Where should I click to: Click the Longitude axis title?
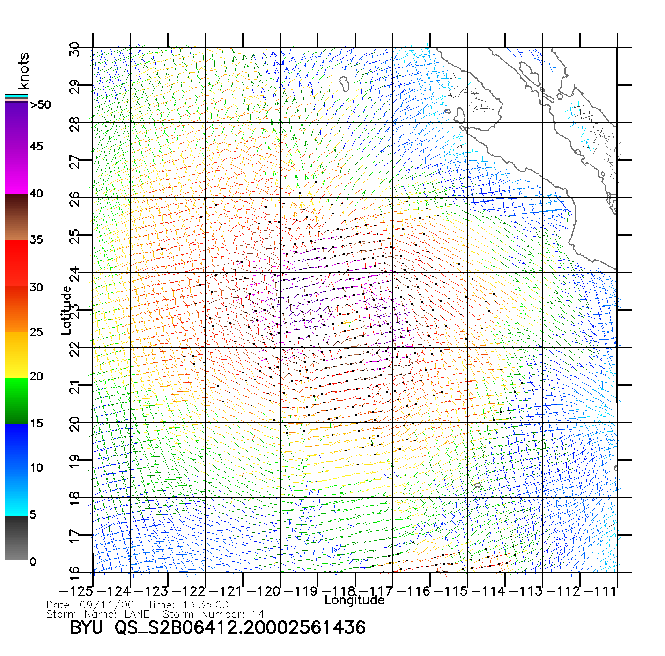355,600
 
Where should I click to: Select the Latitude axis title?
66,310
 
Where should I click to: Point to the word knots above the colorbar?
23,71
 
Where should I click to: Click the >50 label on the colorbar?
40,105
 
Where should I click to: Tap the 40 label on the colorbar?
37,193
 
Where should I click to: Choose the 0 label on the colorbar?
33,561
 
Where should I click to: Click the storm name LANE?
137,614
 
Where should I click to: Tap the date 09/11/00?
107,605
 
